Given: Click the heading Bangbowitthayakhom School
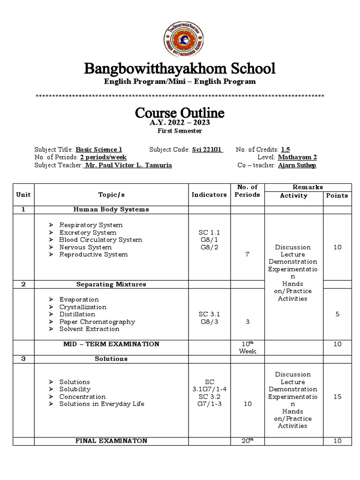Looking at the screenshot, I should tap(180, 68).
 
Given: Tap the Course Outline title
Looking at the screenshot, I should tap(180, 112).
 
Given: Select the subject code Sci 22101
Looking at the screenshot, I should tap(207, 150).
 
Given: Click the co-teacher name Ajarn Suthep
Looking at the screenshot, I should tap(298, 165).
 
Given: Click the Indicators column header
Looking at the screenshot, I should tap(209, 195).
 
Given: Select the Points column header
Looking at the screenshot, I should tap(337, 195).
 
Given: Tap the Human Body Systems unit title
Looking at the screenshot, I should tap(111, 210).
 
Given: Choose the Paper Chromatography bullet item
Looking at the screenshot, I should tap(97, 322).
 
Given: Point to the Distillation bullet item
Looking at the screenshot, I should tap(77, 314).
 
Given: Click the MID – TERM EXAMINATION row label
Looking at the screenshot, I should tap(111, 344).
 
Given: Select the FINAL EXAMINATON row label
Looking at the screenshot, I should tap(111, 441).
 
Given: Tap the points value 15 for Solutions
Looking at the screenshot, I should tap(337, 397).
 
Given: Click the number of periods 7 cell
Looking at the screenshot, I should tap(247, 255).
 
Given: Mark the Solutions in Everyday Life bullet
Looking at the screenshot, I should tap(102, 404).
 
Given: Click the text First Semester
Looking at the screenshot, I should tap(180, 131).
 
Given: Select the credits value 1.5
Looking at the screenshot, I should tap(285, 150).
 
